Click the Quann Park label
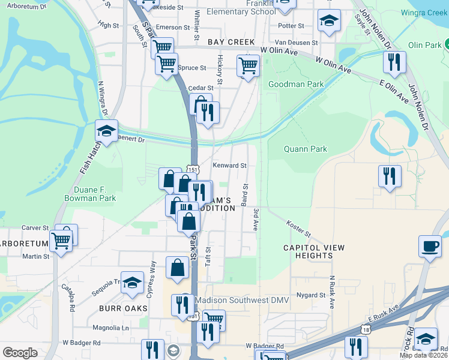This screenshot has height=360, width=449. coord(306,149)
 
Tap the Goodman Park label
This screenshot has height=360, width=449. coord(296,85)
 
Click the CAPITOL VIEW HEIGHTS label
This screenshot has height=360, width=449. coord(314,251)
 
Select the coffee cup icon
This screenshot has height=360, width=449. coord(430,245)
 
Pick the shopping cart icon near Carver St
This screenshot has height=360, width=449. coord(61,241)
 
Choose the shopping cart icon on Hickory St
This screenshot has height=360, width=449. coord(247,64)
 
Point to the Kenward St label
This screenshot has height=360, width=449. coord(230,166)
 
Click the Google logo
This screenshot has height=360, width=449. coord(20,353)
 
